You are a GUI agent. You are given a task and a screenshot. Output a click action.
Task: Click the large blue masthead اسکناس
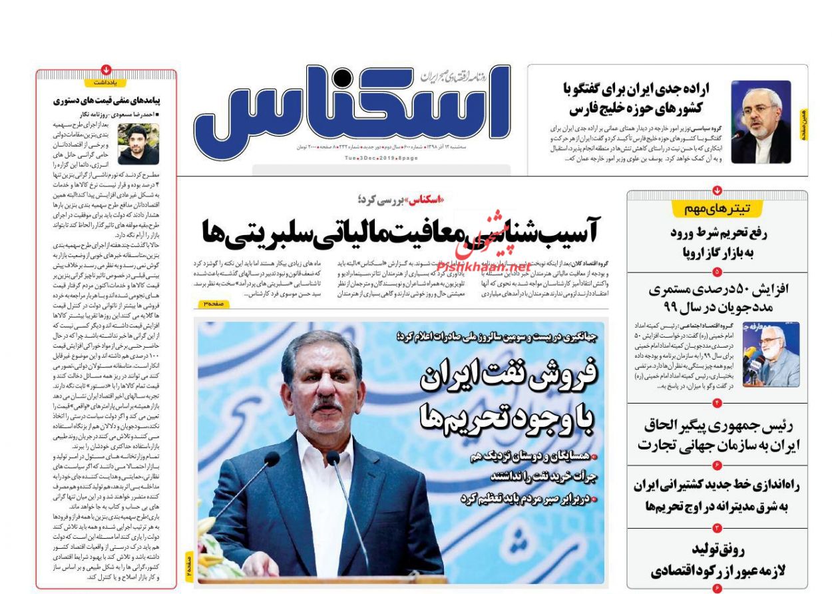click(353, 107)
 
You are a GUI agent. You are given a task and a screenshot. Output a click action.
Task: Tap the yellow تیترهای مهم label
click(717, 209)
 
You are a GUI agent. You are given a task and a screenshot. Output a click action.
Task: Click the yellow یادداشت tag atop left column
click(106, 83)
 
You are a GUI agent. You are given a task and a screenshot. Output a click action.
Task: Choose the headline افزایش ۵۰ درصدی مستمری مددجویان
click(718, 298)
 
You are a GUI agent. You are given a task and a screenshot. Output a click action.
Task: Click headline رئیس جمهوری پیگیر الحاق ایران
click(718, 434)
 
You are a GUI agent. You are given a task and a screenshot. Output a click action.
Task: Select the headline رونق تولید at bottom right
click(718, 559)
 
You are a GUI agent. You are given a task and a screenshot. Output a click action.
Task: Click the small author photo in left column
click(138, 145)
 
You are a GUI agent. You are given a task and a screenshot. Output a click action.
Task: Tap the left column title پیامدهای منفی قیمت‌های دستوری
click(106, 101)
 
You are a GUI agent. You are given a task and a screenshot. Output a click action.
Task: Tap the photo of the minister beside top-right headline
click(761, 122)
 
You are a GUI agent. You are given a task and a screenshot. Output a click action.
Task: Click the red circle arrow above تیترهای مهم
click(717, 190)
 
